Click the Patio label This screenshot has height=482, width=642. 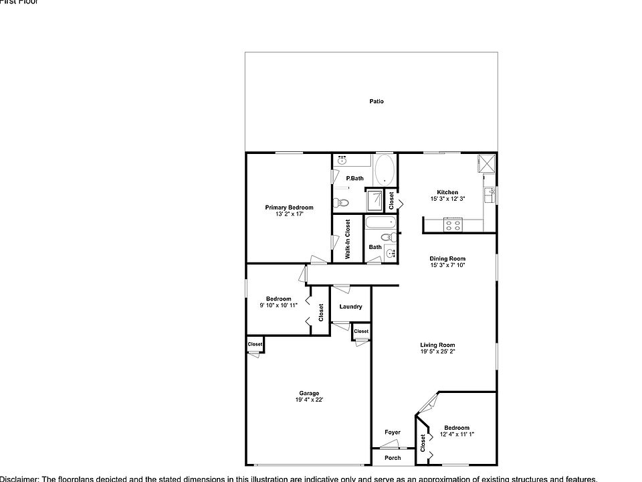pos(377,102)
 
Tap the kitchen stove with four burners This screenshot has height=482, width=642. pos(453,225)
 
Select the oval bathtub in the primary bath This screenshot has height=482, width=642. pos(385,171)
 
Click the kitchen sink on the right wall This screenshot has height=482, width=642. pos(492,195)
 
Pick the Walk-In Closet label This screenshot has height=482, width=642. pos(348,239)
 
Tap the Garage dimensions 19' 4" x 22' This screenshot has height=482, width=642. pos(309,400)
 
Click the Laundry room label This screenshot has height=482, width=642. pos(350,307)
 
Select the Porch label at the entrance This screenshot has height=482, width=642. pos(393,458)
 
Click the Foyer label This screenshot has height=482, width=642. pos(393,432)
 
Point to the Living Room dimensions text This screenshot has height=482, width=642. pos(438,351)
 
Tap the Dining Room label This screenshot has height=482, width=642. pos(447,258)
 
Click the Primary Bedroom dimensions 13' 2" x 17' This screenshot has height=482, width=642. pos(289,214)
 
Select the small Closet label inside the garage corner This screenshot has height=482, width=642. pos(255,344)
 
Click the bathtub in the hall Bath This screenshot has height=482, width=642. pos(382,223)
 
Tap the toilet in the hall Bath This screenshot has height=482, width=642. pos(387,237)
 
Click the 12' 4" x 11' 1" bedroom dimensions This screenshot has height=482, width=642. pos(457,434)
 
